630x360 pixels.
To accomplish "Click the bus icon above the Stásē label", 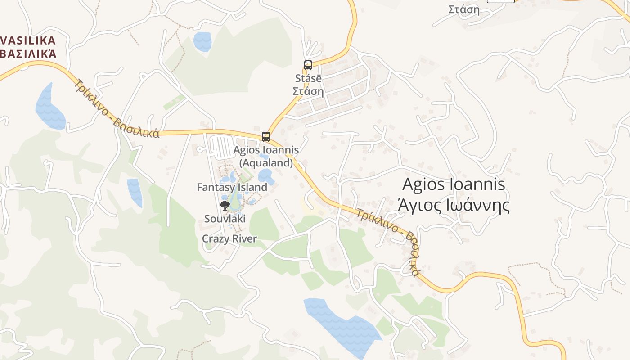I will click(308, 65).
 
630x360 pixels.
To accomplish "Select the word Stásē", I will click(308, 78).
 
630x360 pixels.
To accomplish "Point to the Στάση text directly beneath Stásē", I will click(308, 91).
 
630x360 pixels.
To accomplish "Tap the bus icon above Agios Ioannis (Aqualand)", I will click(266, 137).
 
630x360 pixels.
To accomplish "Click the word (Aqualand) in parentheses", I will click(266, 163).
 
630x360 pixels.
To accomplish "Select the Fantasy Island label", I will click(232, 187).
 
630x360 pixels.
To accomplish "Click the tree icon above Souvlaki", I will click(225, 206).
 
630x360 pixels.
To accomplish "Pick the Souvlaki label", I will click(225, 219).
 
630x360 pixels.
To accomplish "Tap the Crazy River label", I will click(229, 239).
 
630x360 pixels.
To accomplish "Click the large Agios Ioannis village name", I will click(454, 184).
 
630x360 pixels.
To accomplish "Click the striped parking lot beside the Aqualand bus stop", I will click(223, 147).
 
